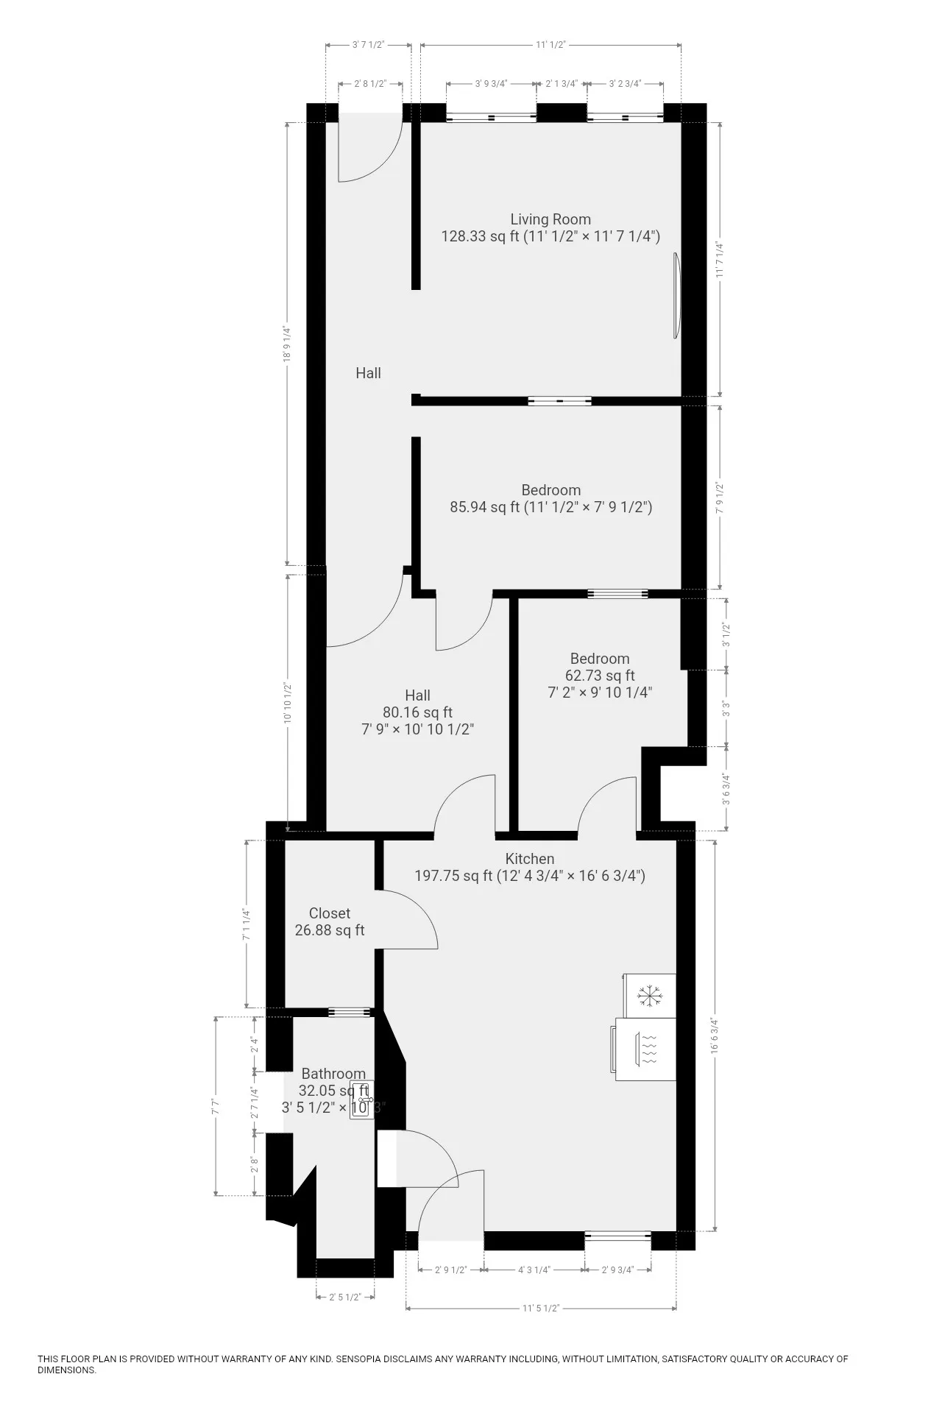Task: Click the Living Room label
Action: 550,219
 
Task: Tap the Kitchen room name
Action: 529,859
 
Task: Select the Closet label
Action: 329,913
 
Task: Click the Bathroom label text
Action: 333,1074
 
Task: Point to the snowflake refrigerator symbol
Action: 649,996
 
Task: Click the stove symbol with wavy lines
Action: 648,1049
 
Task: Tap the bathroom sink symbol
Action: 361,1101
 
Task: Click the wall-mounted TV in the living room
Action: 676,295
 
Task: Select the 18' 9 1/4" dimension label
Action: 288,345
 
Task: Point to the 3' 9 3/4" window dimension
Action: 491,84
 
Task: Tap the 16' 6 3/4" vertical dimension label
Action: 713,1036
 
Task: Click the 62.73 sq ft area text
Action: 600,676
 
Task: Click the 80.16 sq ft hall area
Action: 417,712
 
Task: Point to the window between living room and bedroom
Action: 559,401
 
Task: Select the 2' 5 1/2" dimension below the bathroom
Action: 344,1297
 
